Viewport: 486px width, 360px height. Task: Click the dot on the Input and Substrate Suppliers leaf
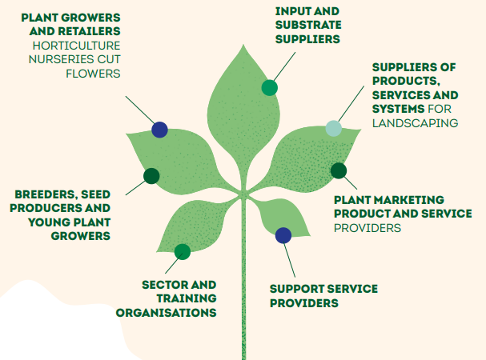(x=269, y=88)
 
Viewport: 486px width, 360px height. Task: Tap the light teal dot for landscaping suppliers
(x=334, y=128)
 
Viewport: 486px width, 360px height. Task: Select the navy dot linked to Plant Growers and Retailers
(x=159, y=130)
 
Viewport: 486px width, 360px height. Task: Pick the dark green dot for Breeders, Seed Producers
(x=151, y=176)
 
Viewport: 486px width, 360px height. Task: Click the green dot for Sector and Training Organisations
(x=183, y=251)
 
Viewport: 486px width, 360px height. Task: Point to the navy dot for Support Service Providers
(x=283, y=235)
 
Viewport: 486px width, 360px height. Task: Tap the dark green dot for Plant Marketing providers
(x=339, y=170)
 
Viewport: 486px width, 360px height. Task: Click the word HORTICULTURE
(x=76, y=46)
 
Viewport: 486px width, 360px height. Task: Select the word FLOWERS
(x=93, y=74)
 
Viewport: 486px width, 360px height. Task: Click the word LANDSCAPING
(x=415, y=123)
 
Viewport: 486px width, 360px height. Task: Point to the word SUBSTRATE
(x=308, y=25)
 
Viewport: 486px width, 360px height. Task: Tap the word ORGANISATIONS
(x=166, y=313)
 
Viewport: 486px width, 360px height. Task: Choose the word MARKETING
(x=413, y=200)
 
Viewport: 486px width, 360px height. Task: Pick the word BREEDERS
(x=46, y=194)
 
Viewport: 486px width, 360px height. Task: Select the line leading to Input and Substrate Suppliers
(x=284, y=66)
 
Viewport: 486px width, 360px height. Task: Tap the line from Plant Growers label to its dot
(x=140, y=110)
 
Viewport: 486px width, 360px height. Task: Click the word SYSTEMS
(x=398, y=109)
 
